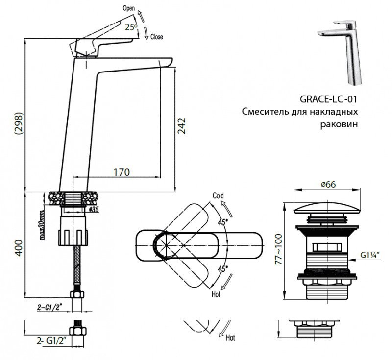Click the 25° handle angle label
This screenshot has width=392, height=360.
pos(131,28)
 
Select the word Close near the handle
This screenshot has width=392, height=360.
pos(157,37)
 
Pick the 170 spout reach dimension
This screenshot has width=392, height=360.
pos(121,172)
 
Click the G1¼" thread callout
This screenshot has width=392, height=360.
pos(373,255)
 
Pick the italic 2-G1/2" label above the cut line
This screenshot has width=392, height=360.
pos(50,307)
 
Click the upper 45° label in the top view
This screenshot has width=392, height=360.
pos(223,222)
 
